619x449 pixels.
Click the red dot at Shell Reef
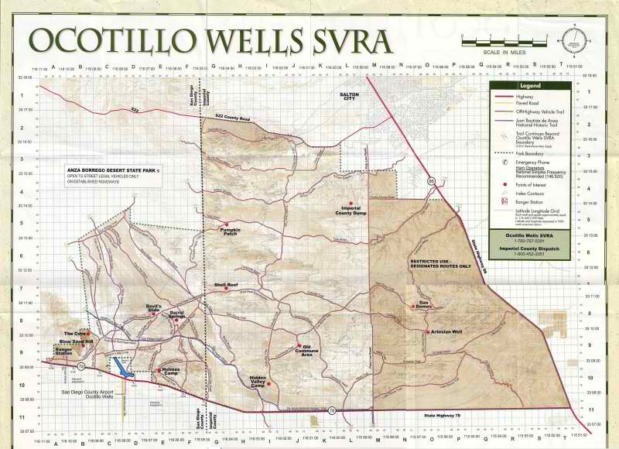pos(227,290)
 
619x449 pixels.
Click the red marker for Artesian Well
pos(427,331)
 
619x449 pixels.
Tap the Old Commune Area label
pos(306,351)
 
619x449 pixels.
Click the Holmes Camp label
pos(170,371)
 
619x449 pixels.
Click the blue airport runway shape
pos(121,366)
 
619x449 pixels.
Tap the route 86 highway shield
pos(431,180)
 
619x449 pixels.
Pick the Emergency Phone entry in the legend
pos(530,163)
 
